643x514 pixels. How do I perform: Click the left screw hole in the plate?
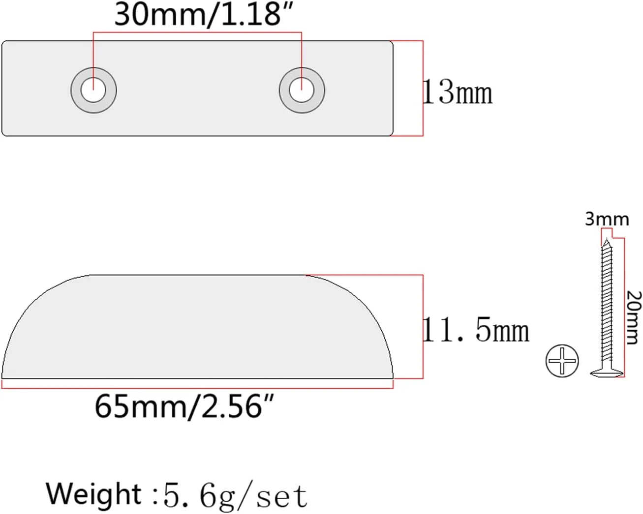click(x=93, y=90)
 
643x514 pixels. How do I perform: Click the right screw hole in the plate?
click(x=302, y=90)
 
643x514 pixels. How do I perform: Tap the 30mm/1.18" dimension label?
click(x=204, y=15)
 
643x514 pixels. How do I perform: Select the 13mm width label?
click(x=458, y=91)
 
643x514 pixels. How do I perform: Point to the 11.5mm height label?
click(x=476, y=330)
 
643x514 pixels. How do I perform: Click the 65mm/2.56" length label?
click(x=184, y=406)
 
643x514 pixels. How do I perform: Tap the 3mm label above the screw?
click(x=607, y=219)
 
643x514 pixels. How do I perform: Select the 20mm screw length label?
click(x=634, y=318)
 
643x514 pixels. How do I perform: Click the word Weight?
click(x=93, y=494)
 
